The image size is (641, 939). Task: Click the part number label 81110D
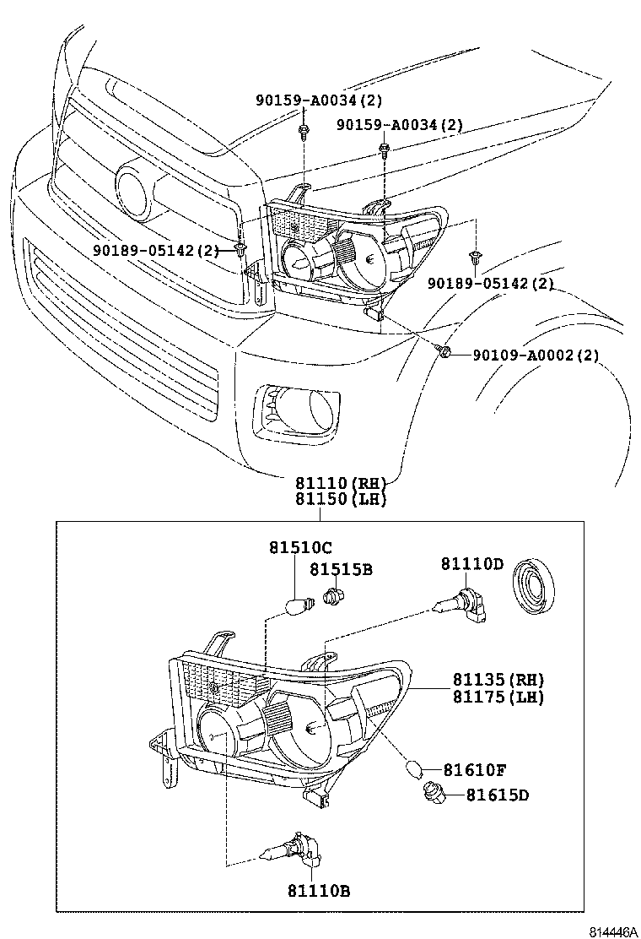tap(471, 563)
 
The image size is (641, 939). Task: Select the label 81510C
tap(301, 548)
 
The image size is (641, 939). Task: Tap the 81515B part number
tap(340, 570)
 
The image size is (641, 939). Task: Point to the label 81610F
tap(475, 770)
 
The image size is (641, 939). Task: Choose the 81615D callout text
tap(498, 795)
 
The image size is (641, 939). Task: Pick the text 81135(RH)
tap(498, 680)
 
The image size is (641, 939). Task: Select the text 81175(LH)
tap(498, 697)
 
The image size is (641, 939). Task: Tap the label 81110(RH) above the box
tap(340, 483)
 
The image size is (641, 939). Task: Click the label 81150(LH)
tap(340, 499)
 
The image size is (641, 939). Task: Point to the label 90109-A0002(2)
tap(535, 356)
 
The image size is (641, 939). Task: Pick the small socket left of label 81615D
tap(434, 793)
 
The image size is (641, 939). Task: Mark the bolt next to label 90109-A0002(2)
tap(444, 351)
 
